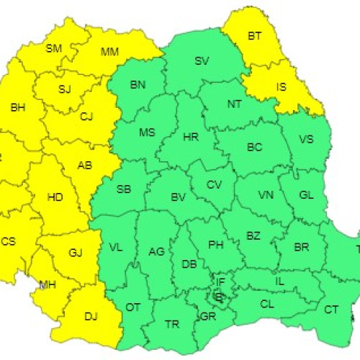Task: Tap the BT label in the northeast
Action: click(x=255, y=35)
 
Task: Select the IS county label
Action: click(x=282, y=88)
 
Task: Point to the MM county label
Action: click(x=109, y=51)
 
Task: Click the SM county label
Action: click(x=53, y=48)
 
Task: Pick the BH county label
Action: click(x=17, y=107)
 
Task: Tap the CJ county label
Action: click(x=87, y=116)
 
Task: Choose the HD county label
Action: click(x=54, y=196)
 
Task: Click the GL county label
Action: click(x=306, y=194)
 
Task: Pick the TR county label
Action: click(x=171, y=325)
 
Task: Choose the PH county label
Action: click(x=215, y=245)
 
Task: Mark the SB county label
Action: click(x=124, y=189)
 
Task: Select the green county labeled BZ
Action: click(x=253, y=235)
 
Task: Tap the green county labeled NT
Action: click(x=235, y=104)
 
